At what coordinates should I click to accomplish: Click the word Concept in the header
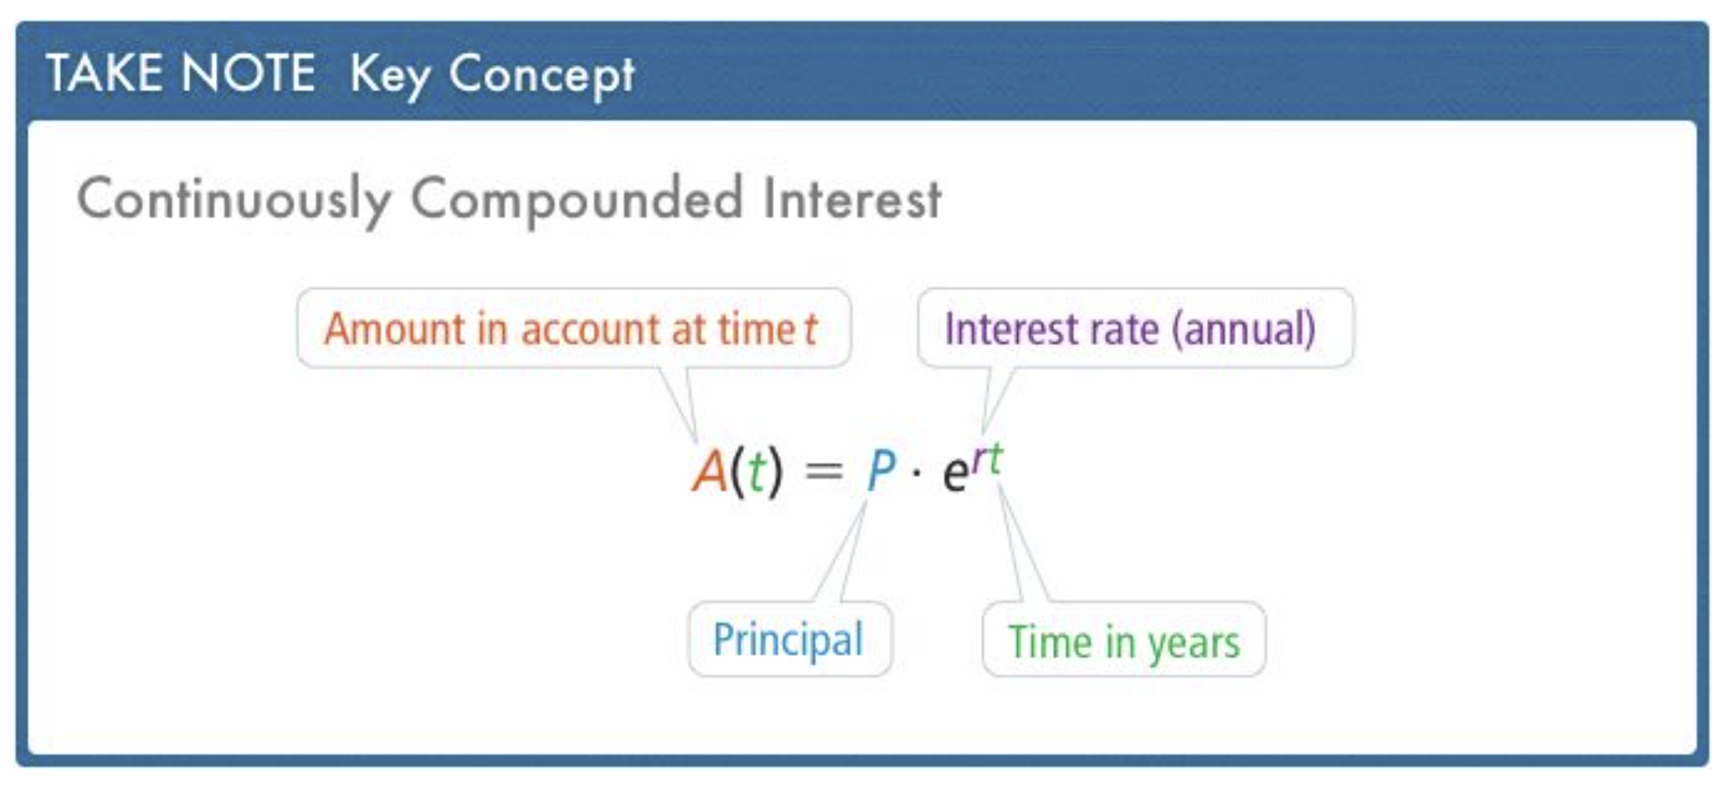tap(542, 75)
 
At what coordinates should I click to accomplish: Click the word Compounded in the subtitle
tap(577, 199)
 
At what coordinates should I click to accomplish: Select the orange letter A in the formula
tap(710, 471)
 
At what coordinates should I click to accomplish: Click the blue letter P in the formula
tap(881, 470)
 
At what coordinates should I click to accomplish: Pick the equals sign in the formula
tap(824, 471)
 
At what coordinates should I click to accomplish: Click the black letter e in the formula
tap(956, 473)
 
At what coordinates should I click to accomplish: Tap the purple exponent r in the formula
tap(979, 461)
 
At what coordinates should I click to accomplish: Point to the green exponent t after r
tap(996, 458)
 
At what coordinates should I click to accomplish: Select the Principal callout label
tap(788, 639)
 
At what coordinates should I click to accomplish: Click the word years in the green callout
tap(1194, 643)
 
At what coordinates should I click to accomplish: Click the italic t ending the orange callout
tap(810, 329)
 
